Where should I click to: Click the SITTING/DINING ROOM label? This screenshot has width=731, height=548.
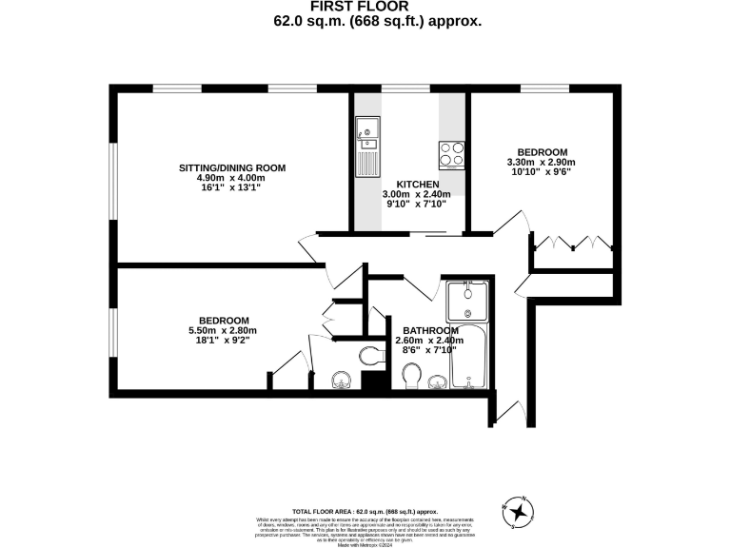pos(232,167)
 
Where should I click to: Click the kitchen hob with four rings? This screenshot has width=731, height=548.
pos(451,154)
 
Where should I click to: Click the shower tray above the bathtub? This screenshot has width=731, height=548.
pos(468,303)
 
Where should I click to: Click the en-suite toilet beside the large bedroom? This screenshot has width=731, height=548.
pos(370,357)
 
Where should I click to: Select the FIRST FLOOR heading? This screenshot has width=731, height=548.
pos(365,6)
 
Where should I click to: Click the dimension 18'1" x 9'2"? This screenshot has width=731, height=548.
pos(224,341)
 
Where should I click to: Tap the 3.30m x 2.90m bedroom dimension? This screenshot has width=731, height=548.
pos(543,163)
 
